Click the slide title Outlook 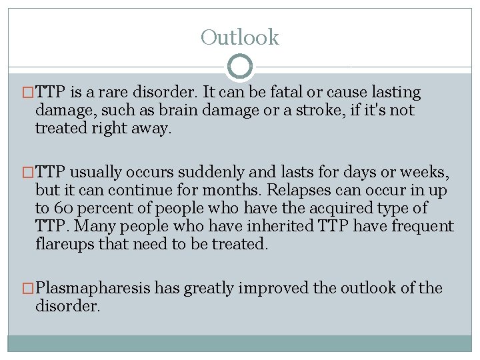coord(240,37)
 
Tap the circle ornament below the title coord(240,67)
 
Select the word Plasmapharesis coord(93,289)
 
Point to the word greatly coord(210,289)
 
